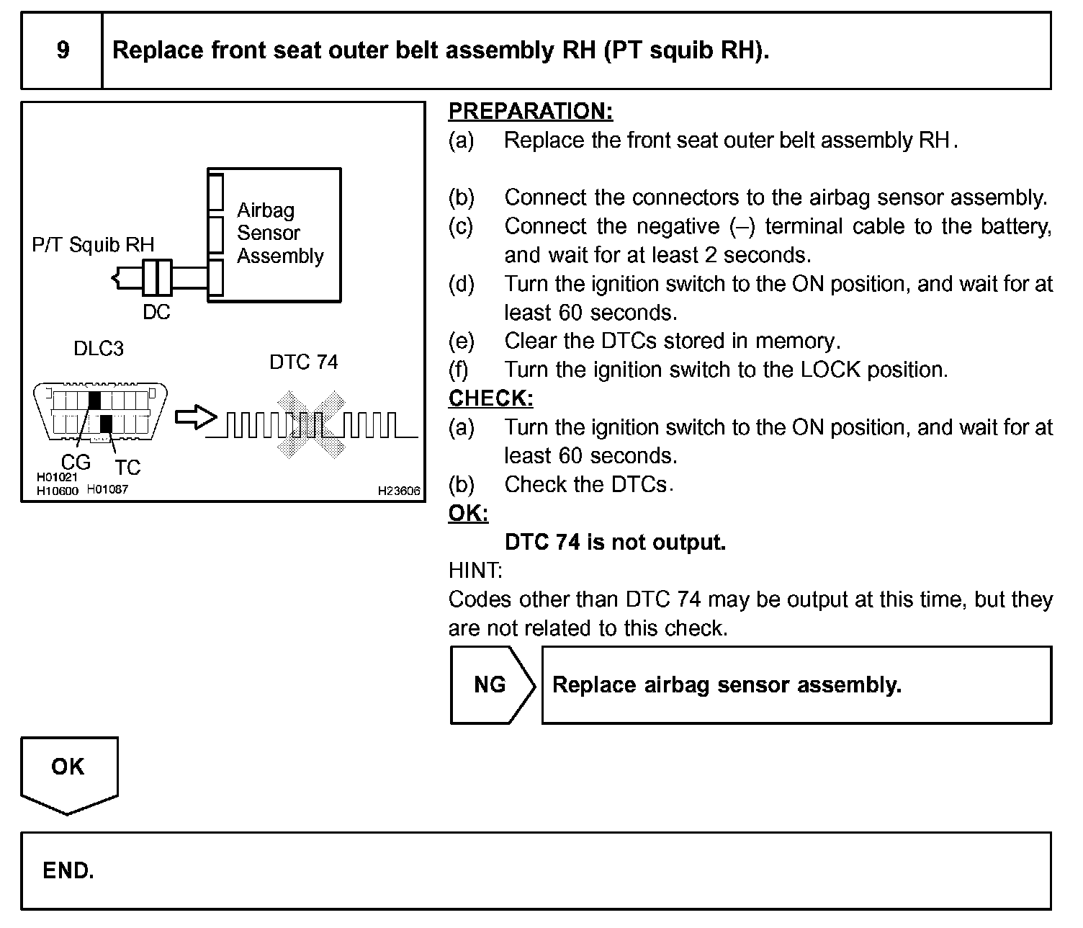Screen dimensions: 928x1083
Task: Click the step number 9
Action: (x=63, y=50)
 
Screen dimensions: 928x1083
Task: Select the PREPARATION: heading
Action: (x=531, y=111)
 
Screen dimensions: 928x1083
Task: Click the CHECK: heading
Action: (x=490, y=398)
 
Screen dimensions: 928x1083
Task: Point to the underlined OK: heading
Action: (x=468, y=514)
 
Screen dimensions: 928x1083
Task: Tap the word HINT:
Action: (x=475, y=571)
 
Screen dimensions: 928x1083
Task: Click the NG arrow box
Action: (x=491, y=684)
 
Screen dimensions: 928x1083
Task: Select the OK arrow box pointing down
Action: (x=68, y=772)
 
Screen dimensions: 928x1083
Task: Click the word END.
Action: (x=68, y=871)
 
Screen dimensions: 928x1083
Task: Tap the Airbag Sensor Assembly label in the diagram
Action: (x=280, y=233)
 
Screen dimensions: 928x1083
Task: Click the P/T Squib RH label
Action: (x=93, y=245)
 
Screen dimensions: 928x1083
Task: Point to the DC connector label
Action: (x=156, y=312)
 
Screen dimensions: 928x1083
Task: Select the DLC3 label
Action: (x=99, y=349)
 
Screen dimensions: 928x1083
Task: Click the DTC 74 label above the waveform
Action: (x=303, y=362)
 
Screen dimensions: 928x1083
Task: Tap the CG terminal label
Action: (x=76, y=462)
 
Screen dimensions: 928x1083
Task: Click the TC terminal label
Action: (x=127, y=468)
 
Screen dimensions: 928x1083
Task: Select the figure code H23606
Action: (x=399, y=491)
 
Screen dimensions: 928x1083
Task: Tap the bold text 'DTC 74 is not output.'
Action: (x=615, y=542)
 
